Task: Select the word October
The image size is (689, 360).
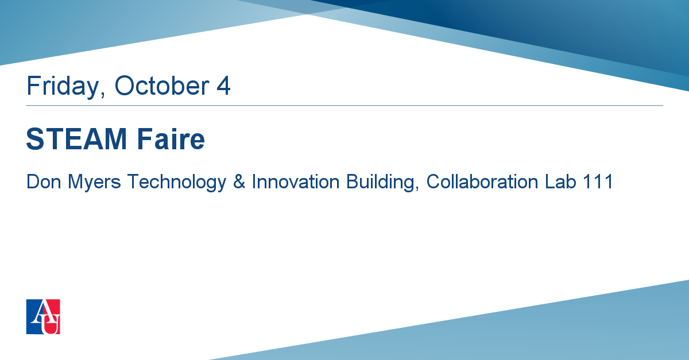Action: pyautogui.click(x=162, y=86)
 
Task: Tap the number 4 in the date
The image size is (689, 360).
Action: pyautogui.click(x=223, y=86)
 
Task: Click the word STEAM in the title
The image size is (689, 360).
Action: pyautogui.click(x=76, y=139)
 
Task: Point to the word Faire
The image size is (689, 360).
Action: pyautogui.click(x=171, y=139)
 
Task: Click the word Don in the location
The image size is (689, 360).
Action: pyautogui.click(x=44, y=181)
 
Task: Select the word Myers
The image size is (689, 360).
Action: pyautogui.click(x=94, y=183)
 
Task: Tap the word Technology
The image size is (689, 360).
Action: pyautogui.click(x=177, y=183)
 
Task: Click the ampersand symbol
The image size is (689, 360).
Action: pyautogui.click(x=239, y=181)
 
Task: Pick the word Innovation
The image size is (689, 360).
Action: pyautogui.click(x=296, y=181)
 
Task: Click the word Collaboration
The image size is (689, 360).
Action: pyautogui.click(x=482, y=181)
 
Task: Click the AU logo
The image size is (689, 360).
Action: pyautogui.click(x=43, y=316)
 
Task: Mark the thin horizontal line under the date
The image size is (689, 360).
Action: pyautogui.click(x=344, y=106)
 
